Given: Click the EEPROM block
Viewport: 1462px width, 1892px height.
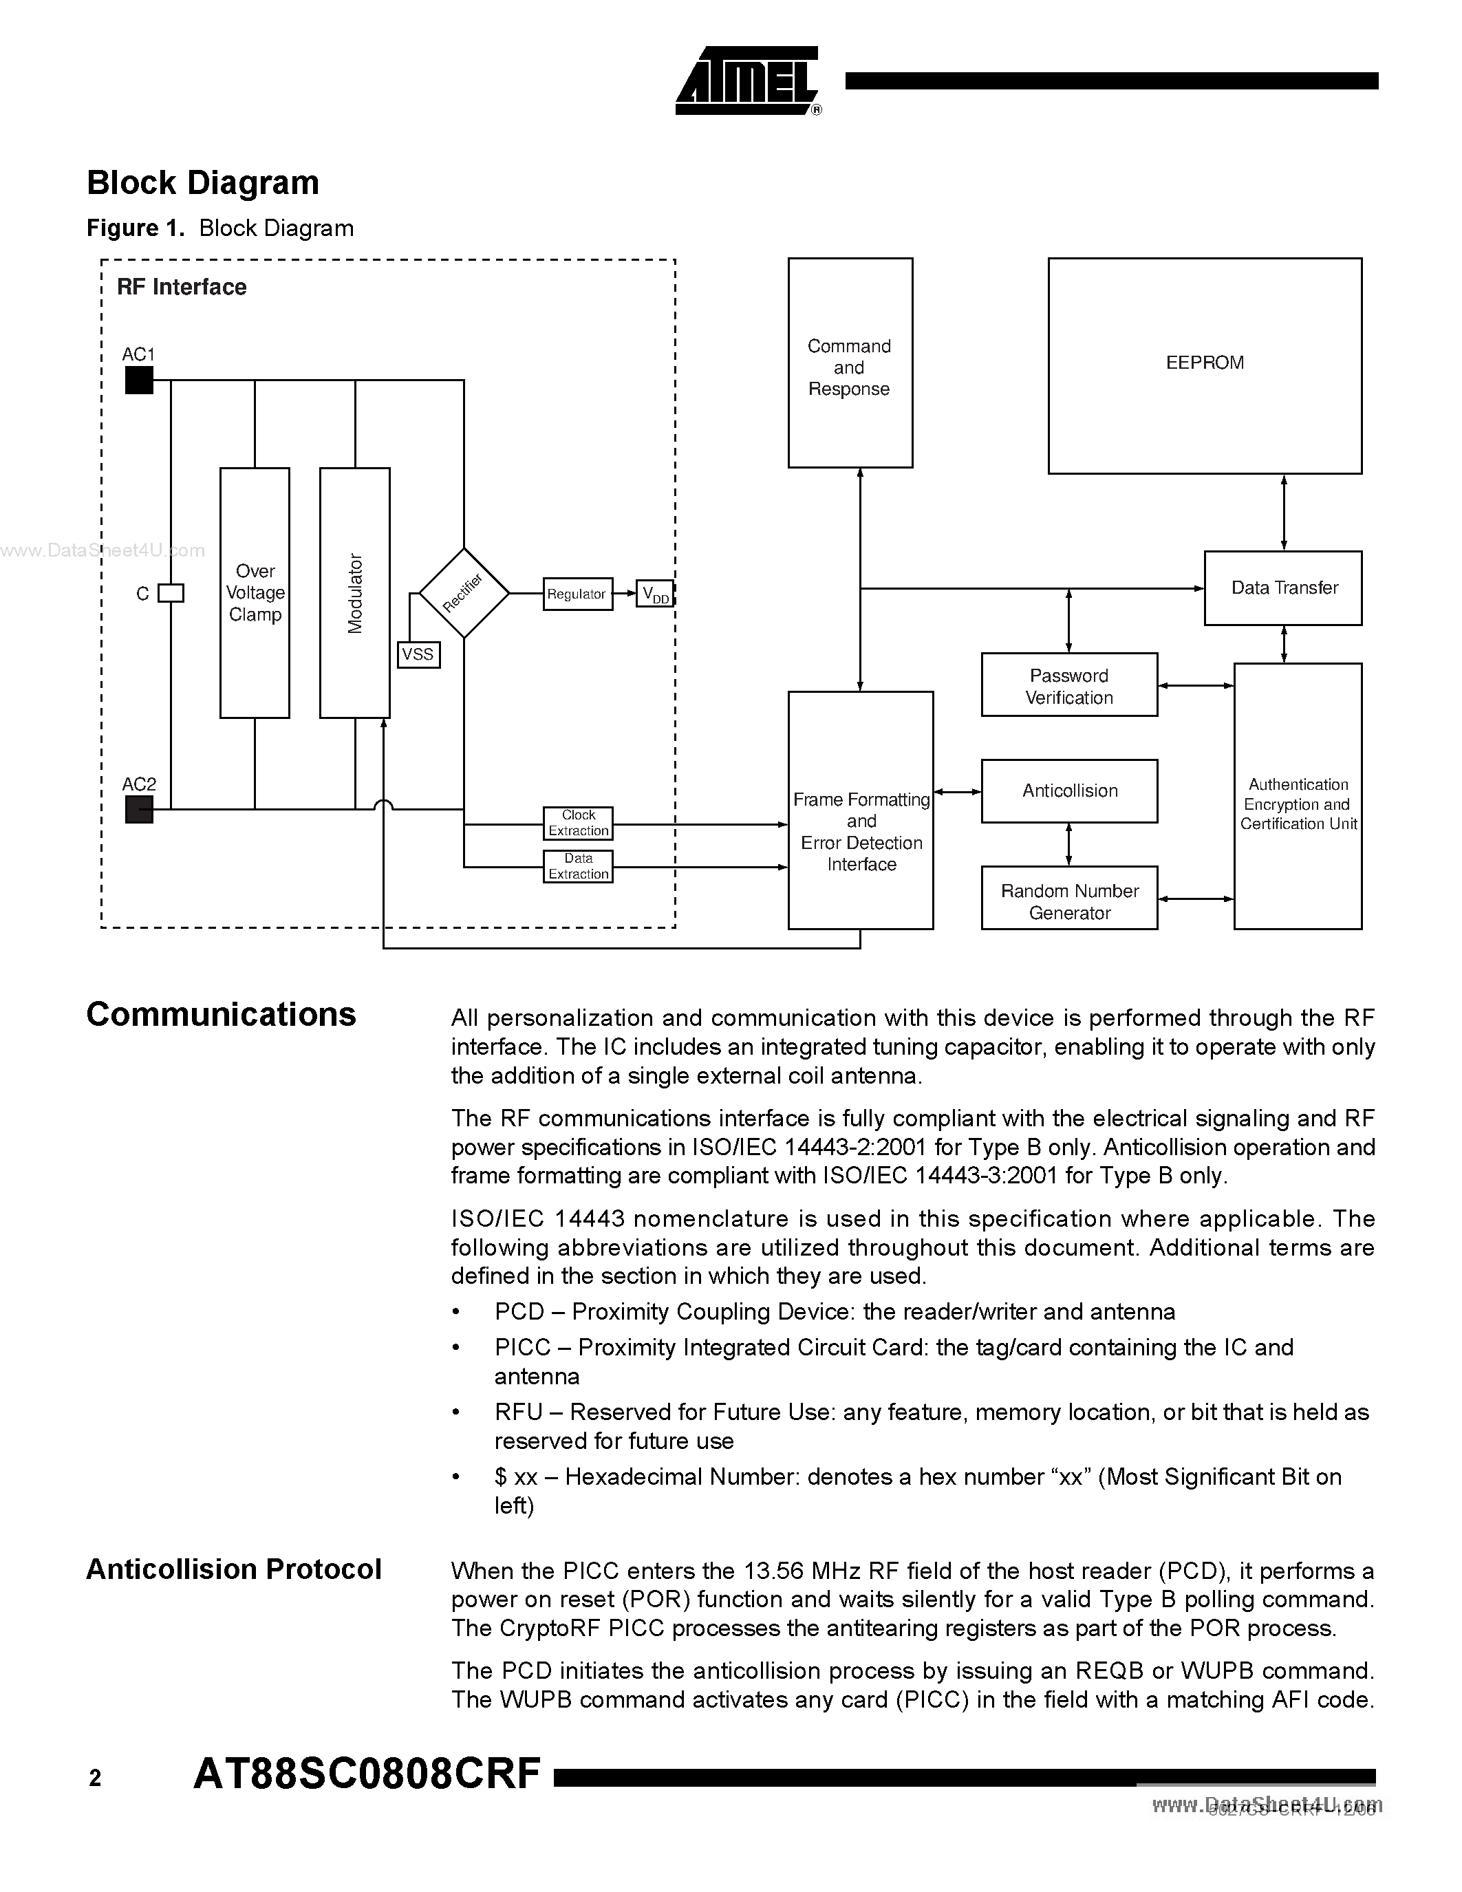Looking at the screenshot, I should (1204, 365).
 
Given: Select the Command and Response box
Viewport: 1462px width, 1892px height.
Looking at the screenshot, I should (850, 363).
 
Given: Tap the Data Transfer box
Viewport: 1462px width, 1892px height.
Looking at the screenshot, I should (1282, 588).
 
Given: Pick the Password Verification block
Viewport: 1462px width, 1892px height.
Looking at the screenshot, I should (1068, 685).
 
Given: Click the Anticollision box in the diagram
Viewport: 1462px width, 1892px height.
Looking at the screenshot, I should (1068, 791).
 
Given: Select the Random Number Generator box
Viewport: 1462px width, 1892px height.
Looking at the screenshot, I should (1068, 899).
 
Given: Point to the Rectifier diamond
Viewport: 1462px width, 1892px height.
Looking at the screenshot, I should (464, 594).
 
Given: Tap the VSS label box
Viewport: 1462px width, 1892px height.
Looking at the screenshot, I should (418, 654).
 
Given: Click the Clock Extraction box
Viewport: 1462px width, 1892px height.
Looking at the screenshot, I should (578, 823).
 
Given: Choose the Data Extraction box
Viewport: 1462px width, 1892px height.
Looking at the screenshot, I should (578, 866).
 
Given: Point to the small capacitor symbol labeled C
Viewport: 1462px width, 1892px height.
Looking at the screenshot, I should (171, 594).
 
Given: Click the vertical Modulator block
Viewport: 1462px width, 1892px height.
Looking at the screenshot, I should (354, 594).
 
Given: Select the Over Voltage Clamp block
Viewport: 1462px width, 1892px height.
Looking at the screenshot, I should (255, 594).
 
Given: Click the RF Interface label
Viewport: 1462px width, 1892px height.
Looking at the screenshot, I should (182, 288).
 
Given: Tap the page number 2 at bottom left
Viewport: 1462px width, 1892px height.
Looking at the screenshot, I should (95, 1778).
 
